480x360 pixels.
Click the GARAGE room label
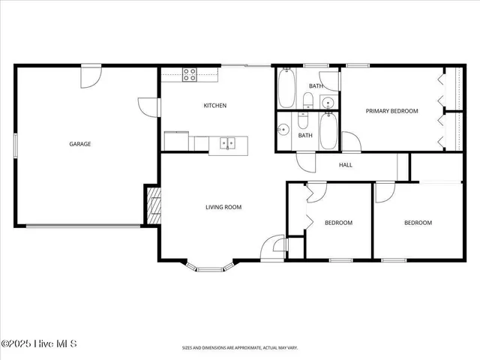(x=80, y=144)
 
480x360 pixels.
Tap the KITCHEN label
(x=215, y=106)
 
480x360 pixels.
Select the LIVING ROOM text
(x=223, y=207)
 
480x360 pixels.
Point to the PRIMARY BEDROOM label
(x=391, y=111)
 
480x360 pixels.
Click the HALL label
(x=345, y=165)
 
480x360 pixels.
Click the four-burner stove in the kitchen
(x=190, y=73)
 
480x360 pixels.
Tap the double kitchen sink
(x=226, y=142)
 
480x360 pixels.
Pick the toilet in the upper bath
(x=308, y=101)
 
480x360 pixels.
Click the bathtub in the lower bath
(x=328, y=131)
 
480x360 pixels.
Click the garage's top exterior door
(x=91, y=75)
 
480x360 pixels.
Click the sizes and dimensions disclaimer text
(x=239, y=347)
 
